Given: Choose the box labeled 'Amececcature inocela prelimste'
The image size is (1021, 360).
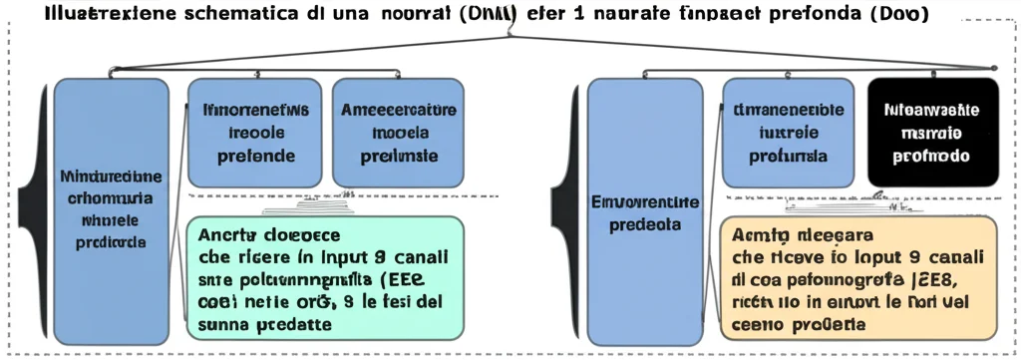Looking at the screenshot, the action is tap(398, 133).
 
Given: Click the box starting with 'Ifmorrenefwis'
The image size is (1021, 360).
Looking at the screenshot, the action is tap(254, 133).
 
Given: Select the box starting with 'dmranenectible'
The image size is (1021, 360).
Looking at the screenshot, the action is tap(789, 133).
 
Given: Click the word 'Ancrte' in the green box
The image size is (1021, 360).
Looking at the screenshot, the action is tap(227, 235).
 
